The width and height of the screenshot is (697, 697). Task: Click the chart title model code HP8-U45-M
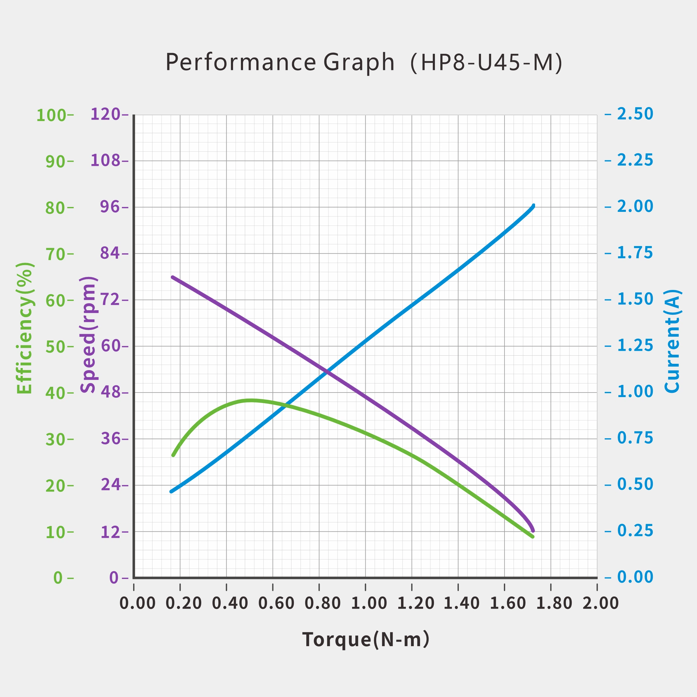tap(486, 62)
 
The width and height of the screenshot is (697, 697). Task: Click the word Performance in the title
tap(241, 62)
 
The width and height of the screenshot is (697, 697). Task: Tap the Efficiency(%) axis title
tap(25, 327)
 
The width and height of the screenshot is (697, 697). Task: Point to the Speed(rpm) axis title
tap(88, 334)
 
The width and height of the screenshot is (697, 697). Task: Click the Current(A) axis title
tap(672, 340)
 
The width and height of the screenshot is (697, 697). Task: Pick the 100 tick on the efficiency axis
tap(51, 116)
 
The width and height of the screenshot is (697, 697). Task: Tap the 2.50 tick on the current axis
tap(635, 114)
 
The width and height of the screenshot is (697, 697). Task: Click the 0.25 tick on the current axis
tap(635, 531)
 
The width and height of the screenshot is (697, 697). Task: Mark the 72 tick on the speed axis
tap(110, 300)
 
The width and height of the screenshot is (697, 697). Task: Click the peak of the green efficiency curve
tap(250, 400)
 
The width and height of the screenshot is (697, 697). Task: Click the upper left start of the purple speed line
tap(173, 277)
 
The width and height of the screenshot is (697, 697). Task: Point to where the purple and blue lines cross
tap(327, 371)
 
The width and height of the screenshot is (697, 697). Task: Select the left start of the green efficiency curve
tap(173, 455)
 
